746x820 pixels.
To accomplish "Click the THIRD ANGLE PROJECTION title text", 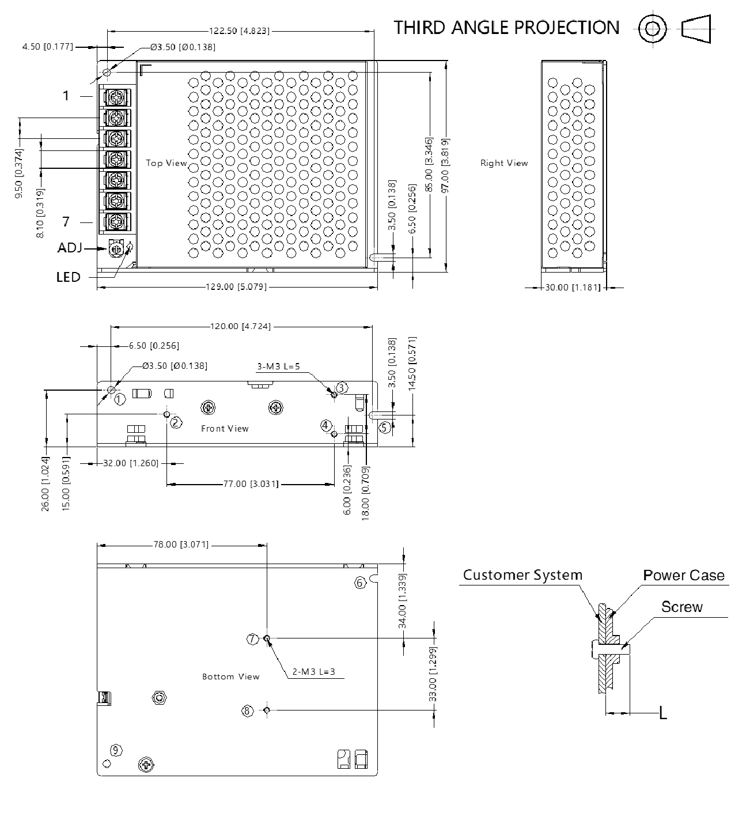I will point(506,28).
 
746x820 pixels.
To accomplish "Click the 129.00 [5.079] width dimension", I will point(236,286).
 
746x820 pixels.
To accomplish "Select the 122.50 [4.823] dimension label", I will point(238,31).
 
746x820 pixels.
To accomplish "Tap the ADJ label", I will point(70,248).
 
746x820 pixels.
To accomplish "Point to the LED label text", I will point(68,277).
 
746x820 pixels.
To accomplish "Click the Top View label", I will point(166,163).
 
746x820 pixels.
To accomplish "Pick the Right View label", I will point(504,163).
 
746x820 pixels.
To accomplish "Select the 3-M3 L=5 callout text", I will point(278,366).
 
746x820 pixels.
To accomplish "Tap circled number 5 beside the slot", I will point(385,427).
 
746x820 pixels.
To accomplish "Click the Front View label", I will point(225,428).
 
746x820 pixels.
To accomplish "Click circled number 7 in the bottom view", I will point(252,638).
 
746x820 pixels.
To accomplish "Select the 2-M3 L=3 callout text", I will point(314,671).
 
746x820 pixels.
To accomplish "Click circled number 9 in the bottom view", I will point(116,750).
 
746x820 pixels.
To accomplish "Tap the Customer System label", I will point(522,575).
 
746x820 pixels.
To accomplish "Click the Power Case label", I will point(684,575).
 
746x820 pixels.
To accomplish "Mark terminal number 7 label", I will point(66,221).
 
